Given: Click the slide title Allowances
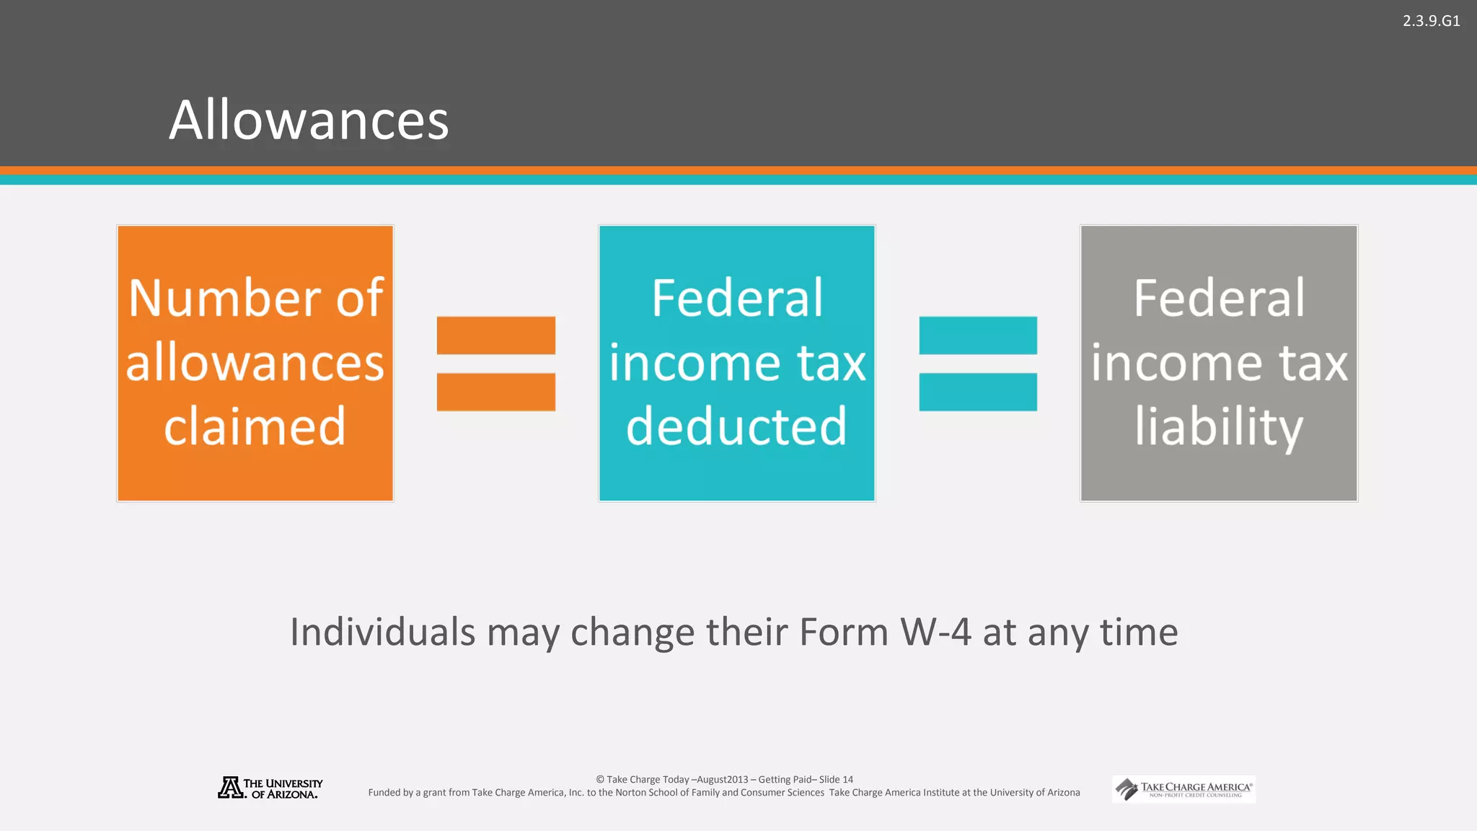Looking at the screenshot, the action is tap(309, 120).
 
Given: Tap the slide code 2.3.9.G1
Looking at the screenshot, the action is tap(1431, 21).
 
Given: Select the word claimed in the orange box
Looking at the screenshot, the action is tap(255, 426).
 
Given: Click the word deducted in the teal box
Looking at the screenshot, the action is tap(736, 426).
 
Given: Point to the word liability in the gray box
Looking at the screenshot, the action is tap(1219, 426).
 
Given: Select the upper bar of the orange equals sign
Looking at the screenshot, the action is tap(496, 335).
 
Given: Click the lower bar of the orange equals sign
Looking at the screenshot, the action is tap(496, 392).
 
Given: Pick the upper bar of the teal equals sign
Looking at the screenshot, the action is tap(978, 335).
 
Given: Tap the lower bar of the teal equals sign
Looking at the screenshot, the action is tap(978, 392).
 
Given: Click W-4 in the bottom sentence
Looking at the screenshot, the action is tap(935, 632).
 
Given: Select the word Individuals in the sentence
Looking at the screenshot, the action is tap(382, 632).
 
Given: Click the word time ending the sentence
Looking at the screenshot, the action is tap(1139, 632).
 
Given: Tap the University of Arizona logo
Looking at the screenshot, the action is tap(270, 788).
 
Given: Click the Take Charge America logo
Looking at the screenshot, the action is tap(1183, 789).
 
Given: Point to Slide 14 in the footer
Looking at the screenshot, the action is tap(836, 780).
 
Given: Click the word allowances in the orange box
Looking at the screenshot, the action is tap(255, 362).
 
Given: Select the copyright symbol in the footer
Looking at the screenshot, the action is tap(600, 780).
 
